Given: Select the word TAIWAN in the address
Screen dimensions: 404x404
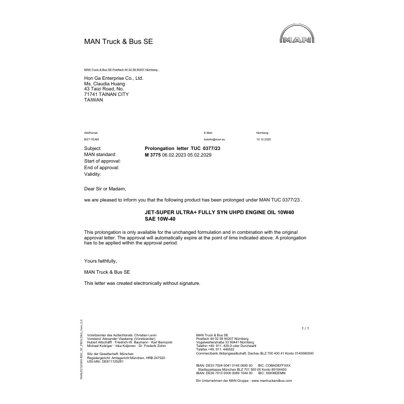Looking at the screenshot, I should coord(93,100).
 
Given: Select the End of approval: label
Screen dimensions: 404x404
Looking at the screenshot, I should coord(101,168).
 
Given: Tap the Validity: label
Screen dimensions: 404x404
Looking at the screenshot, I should coord(92,174).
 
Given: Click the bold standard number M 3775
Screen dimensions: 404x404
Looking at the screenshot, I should coord(153,155).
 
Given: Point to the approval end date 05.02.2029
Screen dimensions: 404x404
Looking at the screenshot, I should coord(199,155).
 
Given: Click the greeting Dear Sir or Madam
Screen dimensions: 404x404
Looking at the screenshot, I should coord(104,188).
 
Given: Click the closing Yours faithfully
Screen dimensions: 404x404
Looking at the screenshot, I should coord(100,261).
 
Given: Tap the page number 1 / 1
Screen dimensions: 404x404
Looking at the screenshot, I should coord(305,329).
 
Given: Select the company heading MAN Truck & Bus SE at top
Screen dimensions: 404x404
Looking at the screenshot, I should coord(118,41).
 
